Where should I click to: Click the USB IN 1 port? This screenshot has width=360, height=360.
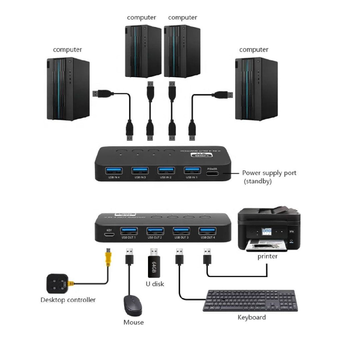[192, 171]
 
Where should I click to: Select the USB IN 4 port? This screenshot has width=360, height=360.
[113, 171]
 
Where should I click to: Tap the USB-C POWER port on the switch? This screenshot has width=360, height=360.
[213, 173]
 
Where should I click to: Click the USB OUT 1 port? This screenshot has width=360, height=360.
[129, 231]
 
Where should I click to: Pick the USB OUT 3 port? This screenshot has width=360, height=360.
[181, 231]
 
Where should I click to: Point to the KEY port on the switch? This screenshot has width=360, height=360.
[109, 235]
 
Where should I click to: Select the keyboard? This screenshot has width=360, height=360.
[250, 300]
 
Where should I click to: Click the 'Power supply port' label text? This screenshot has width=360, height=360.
[269, 173]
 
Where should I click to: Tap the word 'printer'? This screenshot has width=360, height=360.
[267, 257]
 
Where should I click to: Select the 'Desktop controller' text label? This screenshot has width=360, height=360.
[68, 300]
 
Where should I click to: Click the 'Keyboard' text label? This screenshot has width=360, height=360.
[252, 317]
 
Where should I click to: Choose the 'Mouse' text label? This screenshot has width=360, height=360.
[133, 322]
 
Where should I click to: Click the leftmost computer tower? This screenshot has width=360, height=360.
[68, 89]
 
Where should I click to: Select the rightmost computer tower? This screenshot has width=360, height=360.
[256, 89]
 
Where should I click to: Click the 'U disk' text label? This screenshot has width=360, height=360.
[155, 284]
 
